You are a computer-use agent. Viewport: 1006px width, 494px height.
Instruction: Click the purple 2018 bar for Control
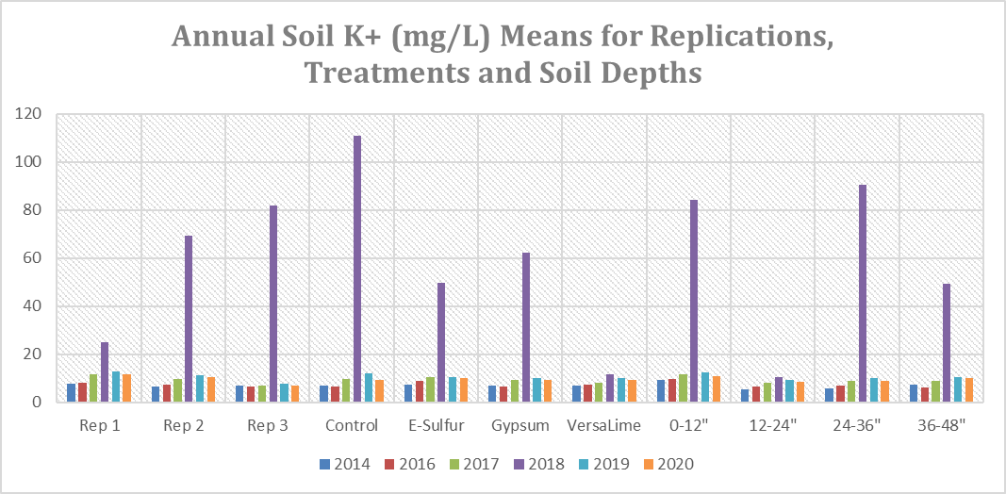click(x=357, y=269)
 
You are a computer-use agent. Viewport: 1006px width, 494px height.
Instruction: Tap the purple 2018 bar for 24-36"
click(x=863, y=293)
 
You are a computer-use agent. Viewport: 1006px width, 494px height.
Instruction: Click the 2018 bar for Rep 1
click(x=105, y=372)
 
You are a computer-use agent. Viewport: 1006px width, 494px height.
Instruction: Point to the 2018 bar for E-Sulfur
click(x=441, y=342)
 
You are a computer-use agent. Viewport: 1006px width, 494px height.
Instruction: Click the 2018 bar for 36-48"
click(x=948, y=343)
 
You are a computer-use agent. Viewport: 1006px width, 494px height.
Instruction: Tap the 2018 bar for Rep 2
click(x=189, y=319)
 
